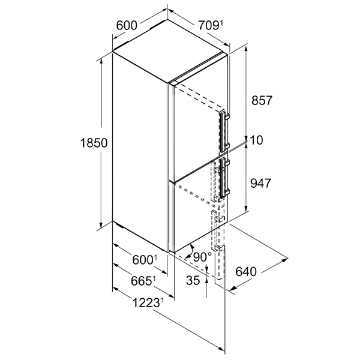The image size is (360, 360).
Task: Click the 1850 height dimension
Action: click(94, 143)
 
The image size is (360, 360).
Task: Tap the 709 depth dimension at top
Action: click(208, 25)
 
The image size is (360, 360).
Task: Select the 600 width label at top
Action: click(127, 25)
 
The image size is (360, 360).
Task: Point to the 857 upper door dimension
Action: click(262, 100)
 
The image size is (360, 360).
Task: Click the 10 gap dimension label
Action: click(256, 140)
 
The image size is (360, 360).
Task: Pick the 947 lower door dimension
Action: click(261, 183)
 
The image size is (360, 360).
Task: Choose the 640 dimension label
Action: click(246, 272)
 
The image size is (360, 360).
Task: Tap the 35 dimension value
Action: click(193, 280)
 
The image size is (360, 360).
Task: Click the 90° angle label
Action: click(202, 257)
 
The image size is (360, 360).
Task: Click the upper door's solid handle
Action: click(223, 131)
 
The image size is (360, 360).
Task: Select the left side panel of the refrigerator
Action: click(140, 152)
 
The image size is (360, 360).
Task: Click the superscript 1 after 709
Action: click(221, 23)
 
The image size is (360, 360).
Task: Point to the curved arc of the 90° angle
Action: click(190, 252)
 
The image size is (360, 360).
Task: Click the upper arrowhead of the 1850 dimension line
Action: click(101, 61)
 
